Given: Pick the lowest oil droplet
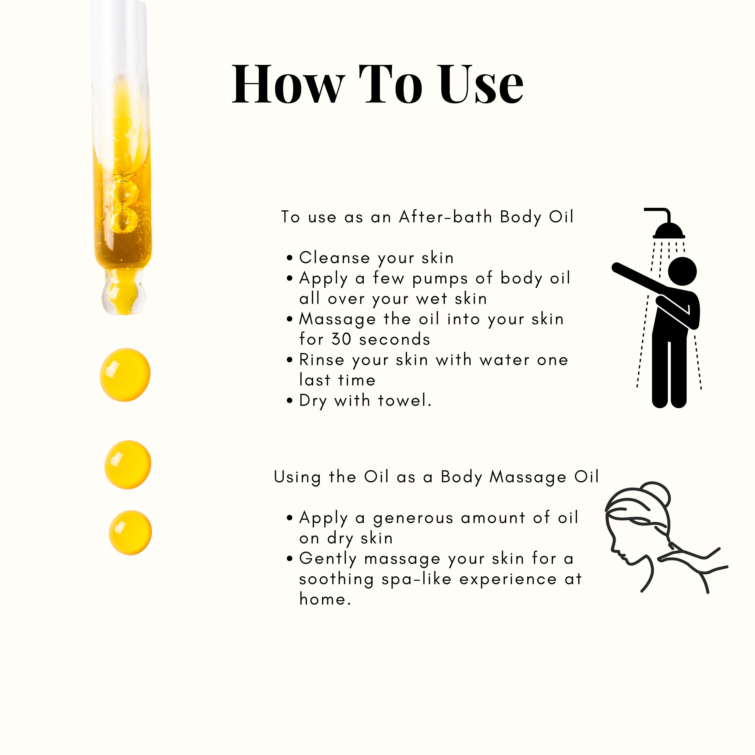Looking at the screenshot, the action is click(x=130, y=532).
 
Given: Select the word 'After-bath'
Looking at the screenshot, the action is click(x=445, y=217).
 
